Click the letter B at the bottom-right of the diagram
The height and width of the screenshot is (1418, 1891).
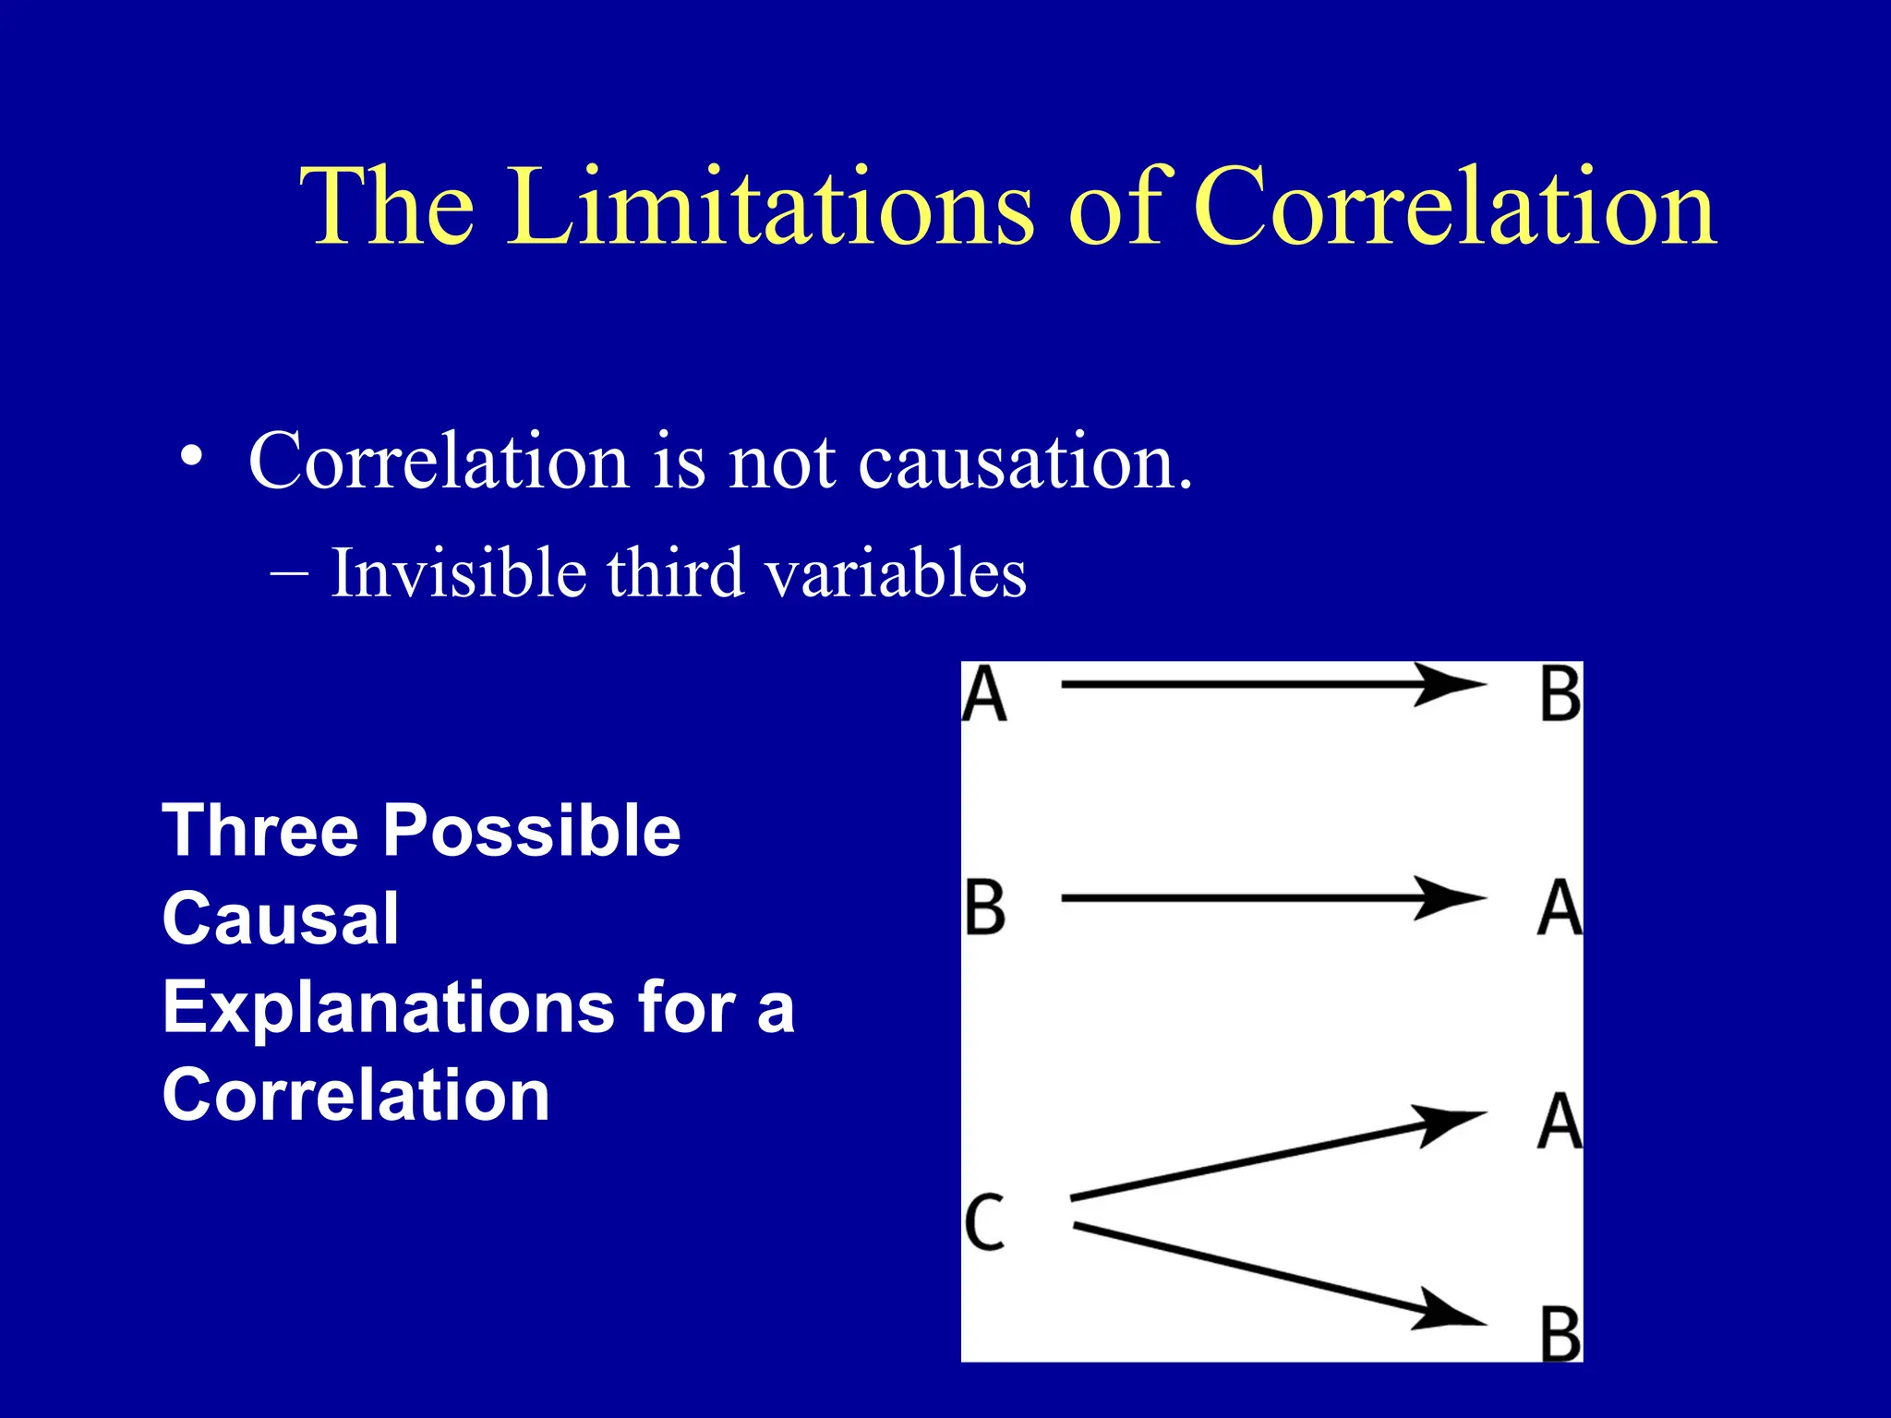1560,1334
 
